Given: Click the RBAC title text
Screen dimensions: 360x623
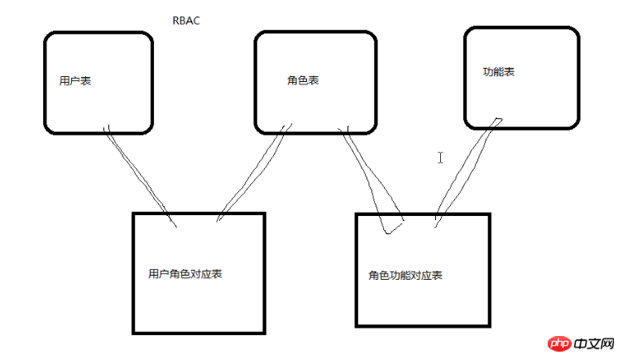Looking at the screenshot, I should [x=185, y=21].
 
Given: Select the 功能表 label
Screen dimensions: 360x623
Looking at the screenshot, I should [x=498, y=72].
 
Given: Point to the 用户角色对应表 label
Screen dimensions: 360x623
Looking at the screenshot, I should [x=185, y=273].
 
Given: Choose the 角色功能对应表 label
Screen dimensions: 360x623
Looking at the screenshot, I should [x=405, y=275].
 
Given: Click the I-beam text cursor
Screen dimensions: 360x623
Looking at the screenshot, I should [x=441, y=157].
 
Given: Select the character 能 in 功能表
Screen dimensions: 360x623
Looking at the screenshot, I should [x=498, y=72].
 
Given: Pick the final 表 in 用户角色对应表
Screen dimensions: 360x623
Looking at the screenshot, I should [x=217, y=273].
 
